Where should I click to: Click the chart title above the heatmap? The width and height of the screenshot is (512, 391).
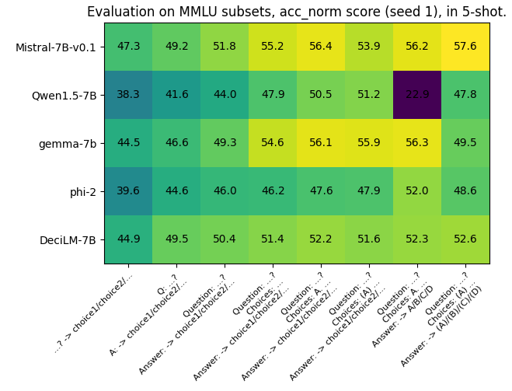pyautogui.click(x=296, y=12)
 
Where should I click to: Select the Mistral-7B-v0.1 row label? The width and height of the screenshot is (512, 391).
pyautogui.click(x=56, y=47)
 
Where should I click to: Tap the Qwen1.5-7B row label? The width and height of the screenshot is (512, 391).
pyautogui.click(x=64, y=96)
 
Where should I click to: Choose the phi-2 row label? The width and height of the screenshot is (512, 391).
pyautogui.click(x=81, y=192)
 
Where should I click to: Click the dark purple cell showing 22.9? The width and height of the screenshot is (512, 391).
pyautogui.click(x=417, y=95)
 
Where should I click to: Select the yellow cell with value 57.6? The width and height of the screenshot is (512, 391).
pyautogui.click(x=465, y=47)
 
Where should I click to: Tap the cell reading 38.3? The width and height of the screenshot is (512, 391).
pyautogui.click(x=128, y=95)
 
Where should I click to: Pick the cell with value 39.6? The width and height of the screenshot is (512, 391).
pyautogui.click(x=128, y=191)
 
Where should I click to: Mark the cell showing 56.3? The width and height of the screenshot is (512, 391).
pyautogui.click(x=417, y=143)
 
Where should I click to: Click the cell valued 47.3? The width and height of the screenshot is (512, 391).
pyautogui.click(x=128, y=47)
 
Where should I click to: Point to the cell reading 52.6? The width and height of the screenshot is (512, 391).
pyautogui.click(x=465, y=239)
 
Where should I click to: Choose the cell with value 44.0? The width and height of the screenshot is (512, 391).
pyautogui.click(x=225, y=95)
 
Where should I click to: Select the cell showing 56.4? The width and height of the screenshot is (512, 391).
pyautogui.click(x=321, y=47)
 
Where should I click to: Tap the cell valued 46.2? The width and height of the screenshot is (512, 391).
pyautogui.click(x=273, y=191)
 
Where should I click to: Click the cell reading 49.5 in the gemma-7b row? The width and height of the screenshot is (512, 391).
pyautogui.click(x=465, y=143)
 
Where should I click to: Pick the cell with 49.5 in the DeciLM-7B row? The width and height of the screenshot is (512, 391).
pyautogui.click(x=176, y=239)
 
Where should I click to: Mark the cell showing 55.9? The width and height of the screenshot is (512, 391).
pyautogui.click(x=369, y=143)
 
